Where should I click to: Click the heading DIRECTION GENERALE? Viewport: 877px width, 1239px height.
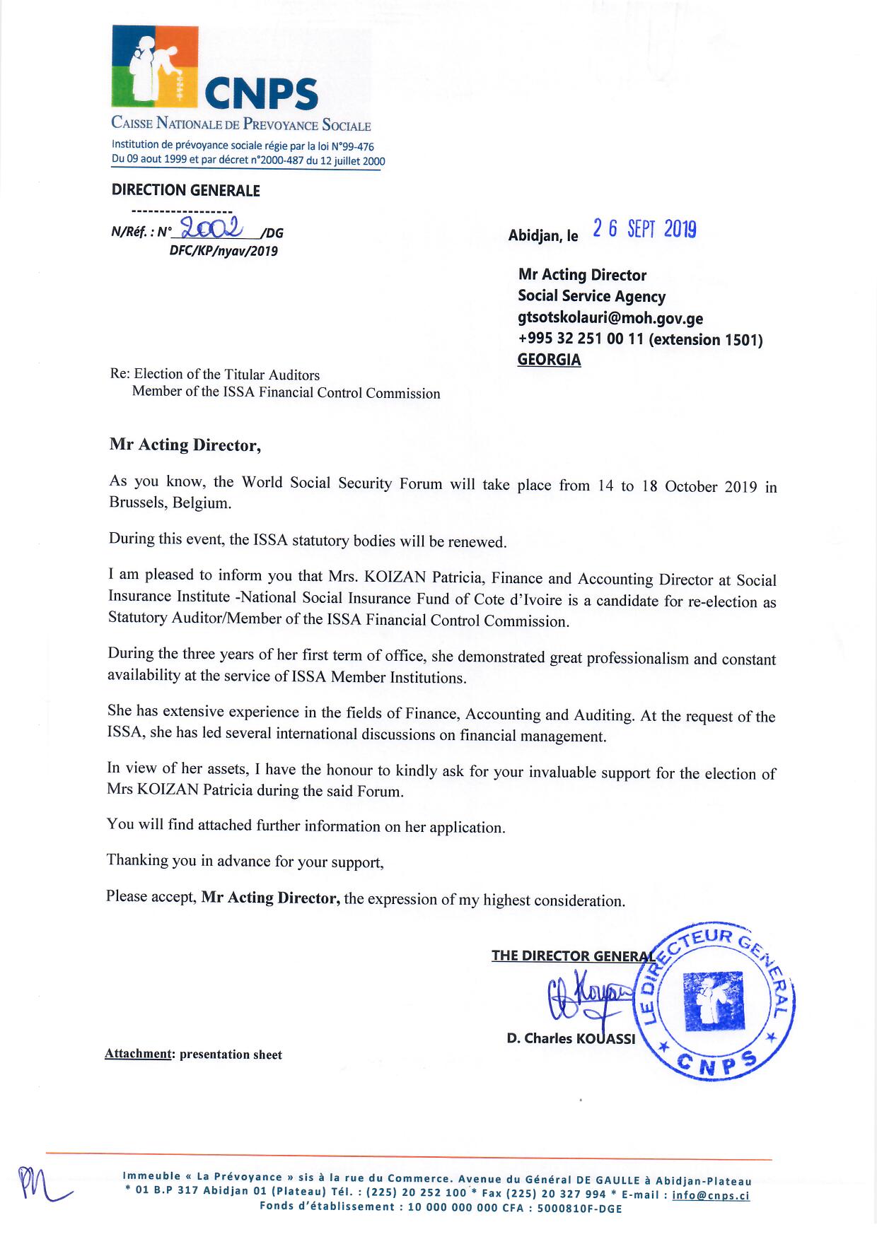[186, 190]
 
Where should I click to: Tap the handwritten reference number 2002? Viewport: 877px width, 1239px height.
[211, 227]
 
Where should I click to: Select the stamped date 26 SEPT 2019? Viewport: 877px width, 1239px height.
[644, 229]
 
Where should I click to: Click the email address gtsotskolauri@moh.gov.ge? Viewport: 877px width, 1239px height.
[610, 318]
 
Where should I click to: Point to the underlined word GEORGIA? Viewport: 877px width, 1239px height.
[549, 360]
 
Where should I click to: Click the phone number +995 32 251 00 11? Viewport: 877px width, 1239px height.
[581, 339]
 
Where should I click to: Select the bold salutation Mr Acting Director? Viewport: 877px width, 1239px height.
[185, 445]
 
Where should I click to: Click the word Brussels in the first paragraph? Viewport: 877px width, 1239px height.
[138, 503]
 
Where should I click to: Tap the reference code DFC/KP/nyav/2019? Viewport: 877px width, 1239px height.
[223, 251]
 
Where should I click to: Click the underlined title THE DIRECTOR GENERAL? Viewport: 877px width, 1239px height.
[573, 956]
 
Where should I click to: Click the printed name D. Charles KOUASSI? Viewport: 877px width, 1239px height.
[571, 1038]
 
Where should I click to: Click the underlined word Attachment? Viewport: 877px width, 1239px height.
[138, 1054]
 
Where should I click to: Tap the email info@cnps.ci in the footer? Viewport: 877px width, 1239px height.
[711, 1195]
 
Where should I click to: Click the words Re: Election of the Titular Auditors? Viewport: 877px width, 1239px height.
[215, 375]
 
